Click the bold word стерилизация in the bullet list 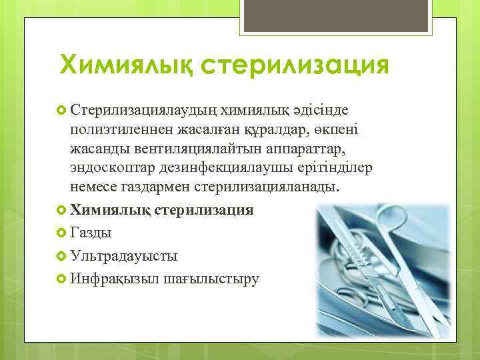click(x=204, y=210)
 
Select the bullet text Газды click(x=91, y=233)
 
